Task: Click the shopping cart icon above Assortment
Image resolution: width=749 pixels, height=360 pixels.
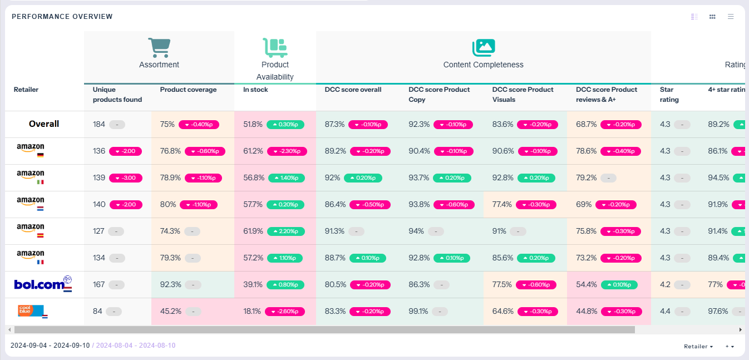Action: pos(159,47)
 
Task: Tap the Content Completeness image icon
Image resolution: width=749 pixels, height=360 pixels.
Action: pos(483,47)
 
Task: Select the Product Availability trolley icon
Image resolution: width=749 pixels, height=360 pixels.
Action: pos(275,47)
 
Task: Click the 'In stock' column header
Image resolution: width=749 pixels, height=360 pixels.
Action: pos(255,90)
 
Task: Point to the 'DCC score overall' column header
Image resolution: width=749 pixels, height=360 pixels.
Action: pos(353,90)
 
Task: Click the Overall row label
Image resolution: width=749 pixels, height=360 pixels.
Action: pos(44,124)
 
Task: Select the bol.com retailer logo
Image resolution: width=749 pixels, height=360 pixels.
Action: pos(43,284)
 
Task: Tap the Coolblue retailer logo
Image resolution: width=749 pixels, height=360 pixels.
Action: pos(32,310)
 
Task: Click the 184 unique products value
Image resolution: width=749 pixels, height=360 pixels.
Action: pos(99,125)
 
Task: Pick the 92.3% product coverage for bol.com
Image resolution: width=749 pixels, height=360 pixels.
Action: pos(170,285)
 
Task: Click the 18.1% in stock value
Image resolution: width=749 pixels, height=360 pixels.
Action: pos(253,312)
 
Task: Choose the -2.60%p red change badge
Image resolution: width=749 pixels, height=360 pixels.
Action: pos(285,312)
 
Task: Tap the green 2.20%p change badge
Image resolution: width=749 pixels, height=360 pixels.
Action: pos(287,231)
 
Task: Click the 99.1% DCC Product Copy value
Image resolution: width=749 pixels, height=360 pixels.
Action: pos(419,312)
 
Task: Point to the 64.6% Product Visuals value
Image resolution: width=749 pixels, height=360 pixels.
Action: pos(502,312)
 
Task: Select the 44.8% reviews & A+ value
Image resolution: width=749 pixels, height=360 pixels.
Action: pos(587,312)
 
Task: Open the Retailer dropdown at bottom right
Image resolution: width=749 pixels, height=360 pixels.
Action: pos(698,346)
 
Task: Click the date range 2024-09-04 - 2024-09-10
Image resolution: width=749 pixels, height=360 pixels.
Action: pos(50,346)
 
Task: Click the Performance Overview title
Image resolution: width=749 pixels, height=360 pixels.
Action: pos(62,17)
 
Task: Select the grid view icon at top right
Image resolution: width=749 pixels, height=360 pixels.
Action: pos(712,17)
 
